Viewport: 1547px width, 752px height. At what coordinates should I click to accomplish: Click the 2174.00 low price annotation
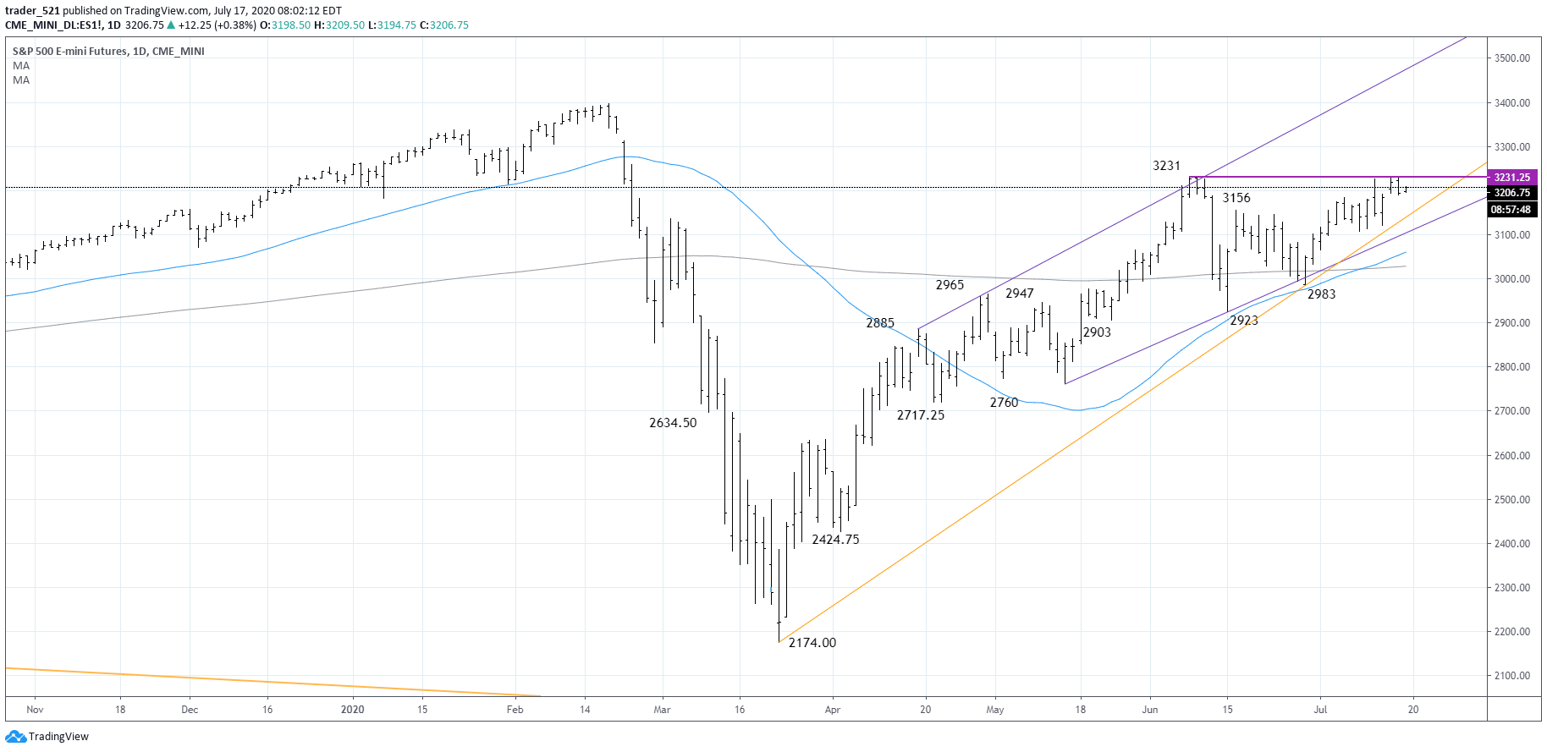point(812,643)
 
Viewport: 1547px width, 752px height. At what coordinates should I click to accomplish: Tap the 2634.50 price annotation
point(673,423)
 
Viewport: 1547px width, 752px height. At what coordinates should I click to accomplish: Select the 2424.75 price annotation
point(835,540)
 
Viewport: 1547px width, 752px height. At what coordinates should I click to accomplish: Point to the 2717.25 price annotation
point(920,415)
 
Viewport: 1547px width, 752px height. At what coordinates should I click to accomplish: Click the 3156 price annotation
point(1236,198)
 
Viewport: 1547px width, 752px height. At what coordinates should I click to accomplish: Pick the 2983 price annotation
point(1321,294)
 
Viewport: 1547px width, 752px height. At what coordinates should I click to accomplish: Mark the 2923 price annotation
point(1243,321)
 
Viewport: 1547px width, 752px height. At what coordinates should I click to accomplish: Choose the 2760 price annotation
point(1004,403)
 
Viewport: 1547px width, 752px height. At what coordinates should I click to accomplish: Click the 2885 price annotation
point(880,323)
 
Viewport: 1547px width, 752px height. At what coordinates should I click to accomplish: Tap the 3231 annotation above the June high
point(1166,166)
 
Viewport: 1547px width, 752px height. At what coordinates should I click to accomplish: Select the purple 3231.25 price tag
point(1511,178)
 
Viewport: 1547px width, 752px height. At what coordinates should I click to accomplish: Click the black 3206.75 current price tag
point(1511,193)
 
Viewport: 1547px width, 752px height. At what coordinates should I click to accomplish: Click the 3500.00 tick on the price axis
point(1511,58)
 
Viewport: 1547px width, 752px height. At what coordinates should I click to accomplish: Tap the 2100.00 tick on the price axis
point(1511,676)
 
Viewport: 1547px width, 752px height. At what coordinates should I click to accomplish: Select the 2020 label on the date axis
point(352,710)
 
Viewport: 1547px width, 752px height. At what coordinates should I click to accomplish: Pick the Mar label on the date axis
point(662,710)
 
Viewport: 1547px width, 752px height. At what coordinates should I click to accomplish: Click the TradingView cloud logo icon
point(15,737)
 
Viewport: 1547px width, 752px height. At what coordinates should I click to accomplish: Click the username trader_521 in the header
point(32,11)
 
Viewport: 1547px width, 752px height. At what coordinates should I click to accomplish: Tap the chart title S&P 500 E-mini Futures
point(71,52)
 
